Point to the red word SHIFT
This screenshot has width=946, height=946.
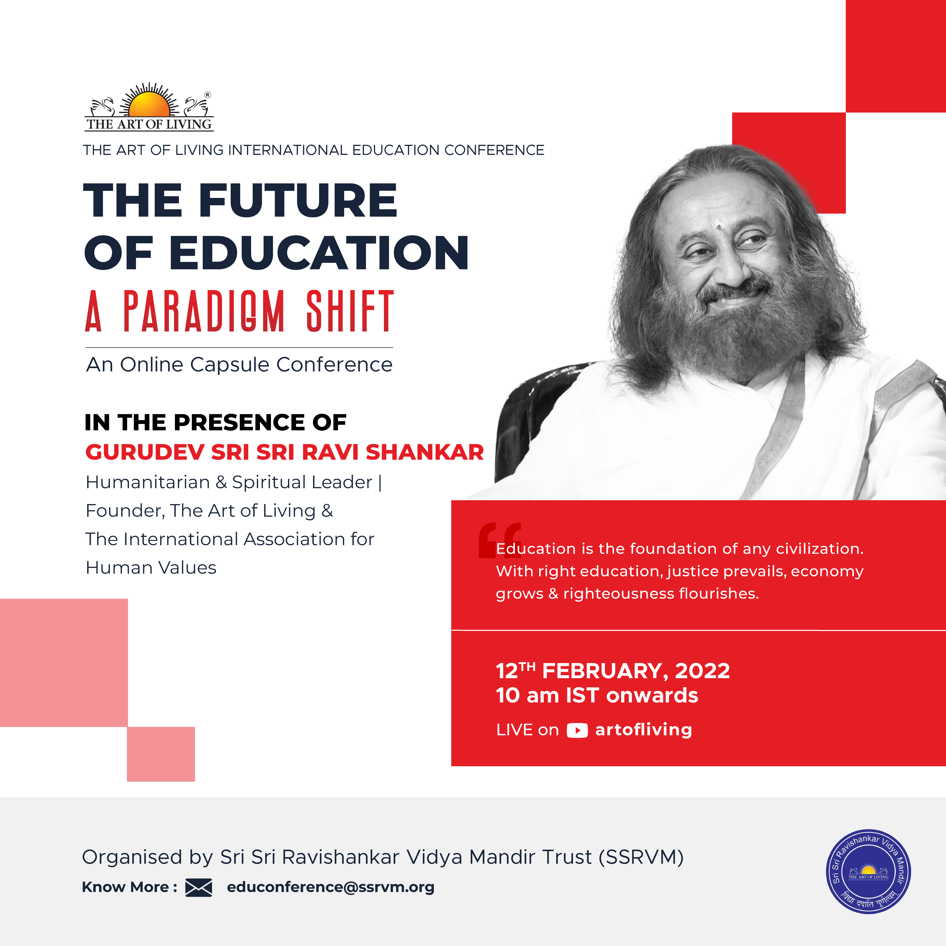[350, 311]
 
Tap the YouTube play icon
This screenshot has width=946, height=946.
[577, 731]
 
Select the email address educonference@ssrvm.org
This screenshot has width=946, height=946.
[331, 887]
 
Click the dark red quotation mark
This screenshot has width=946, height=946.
[499, 540]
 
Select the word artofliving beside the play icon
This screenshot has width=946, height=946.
[643, 729]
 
